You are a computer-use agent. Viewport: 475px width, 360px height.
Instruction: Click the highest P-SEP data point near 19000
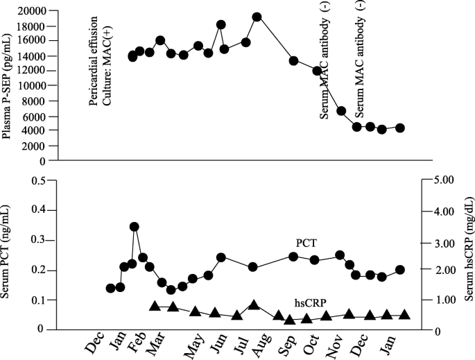(x=257, y=17)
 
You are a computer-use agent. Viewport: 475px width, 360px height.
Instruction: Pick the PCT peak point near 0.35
(x=135, y=227)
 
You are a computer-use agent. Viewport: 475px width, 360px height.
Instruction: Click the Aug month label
(x=261, y=345)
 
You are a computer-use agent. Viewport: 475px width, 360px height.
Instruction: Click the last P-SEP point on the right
(x=400, y=128)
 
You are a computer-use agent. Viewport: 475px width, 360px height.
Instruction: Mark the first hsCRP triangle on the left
(x=155, y=307)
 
